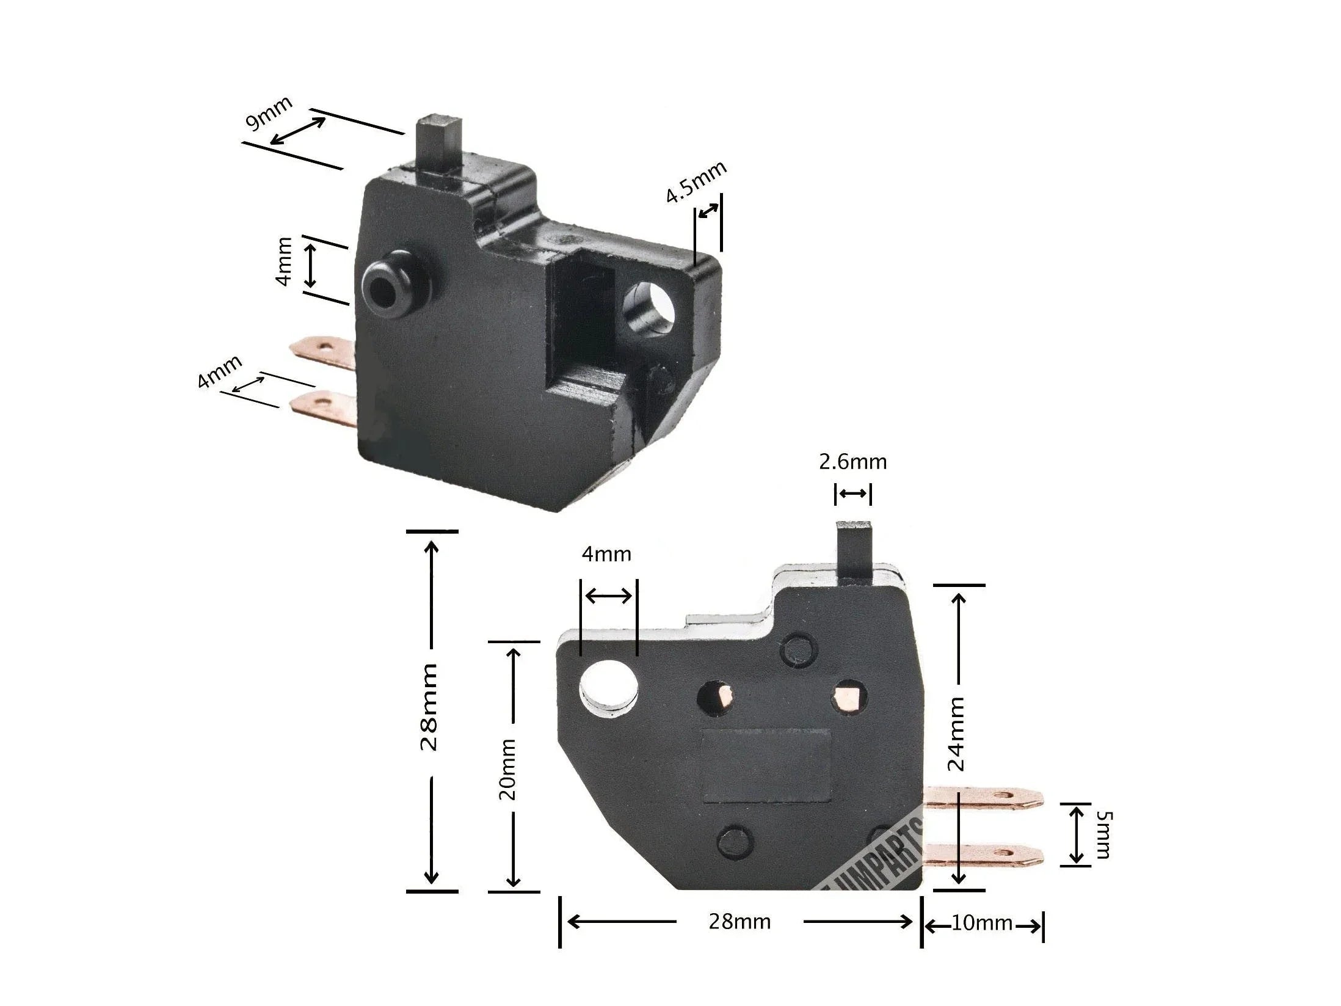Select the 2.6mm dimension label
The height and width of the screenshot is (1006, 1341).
point(852,462)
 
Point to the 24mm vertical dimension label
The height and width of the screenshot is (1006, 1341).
point(958,734)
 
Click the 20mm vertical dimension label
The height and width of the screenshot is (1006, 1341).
point(507,770)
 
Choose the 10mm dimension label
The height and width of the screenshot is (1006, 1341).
point(981,923)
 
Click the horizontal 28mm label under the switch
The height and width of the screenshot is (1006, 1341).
point(740,922)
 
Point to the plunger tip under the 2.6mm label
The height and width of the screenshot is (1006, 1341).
point(854,550)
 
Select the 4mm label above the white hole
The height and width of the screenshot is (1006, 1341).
point(606,554)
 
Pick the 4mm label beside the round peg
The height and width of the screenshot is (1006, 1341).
point(284,270)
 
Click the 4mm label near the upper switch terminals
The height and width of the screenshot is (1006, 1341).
point(219,372)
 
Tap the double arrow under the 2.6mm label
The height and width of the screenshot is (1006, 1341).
point(853,493)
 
